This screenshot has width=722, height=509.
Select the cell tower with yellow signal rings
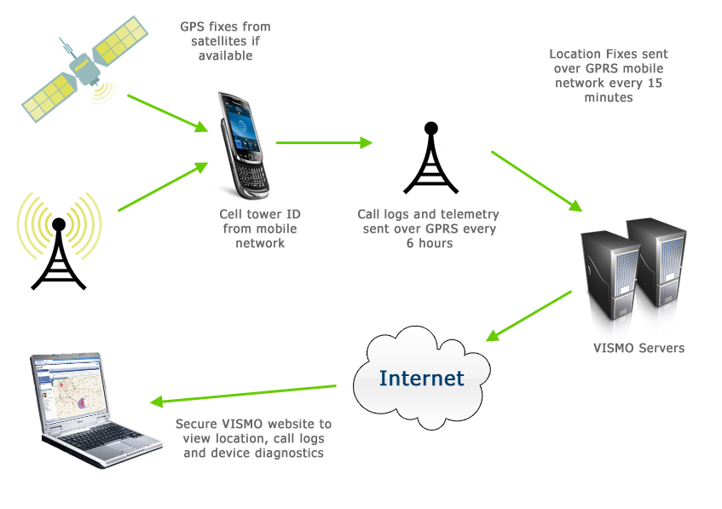point(59,243)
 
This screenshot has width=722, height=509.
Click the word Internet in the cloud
point(422,378)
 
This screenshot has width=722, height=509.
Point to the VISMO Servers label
point(638,348)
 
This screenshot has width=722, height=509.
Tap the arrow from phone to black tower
point(324,142)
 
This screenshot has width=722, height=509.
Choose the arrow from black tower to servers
point(536,181)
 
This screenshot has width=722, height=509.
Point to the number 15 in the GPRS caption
point(653,84)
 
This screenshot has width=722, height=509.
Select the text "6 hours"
point(429,243)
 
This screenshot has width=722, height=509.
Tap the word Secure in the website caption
point(197,424)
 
